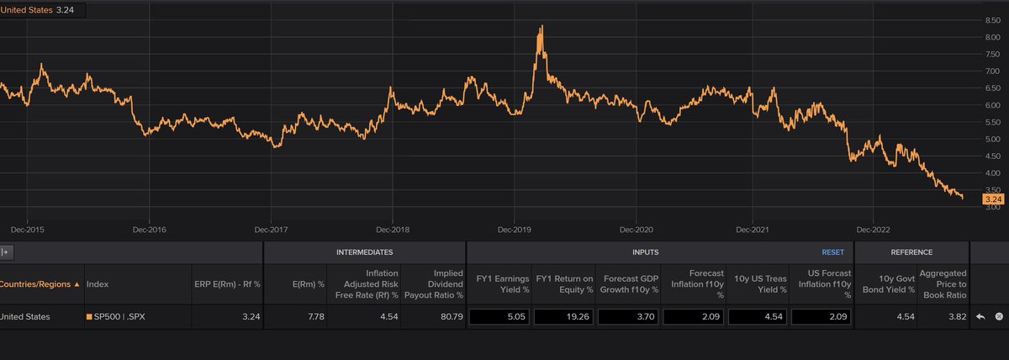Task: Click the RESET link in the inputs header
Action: tap(832, 251)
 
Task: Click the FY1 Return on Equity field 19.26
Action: tap(564, 316)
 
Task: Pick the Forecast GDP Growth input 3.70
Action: tap(628, 316)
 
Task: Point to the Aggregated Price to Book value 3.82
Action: tap(954, 316)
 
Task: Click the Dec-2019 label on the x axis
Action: tap(514, 229)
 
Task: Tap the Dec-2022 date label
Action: tap(873, 229)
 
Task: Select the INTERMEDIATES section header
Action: tap(364, 251)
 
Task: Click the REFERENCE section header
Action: tap(911, 251)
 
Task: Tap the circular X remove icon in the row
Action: tap(999, 316)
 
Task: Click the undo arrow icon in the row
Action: tap(980, 316)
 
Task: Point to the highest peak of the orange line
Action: tap(541, 26)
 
